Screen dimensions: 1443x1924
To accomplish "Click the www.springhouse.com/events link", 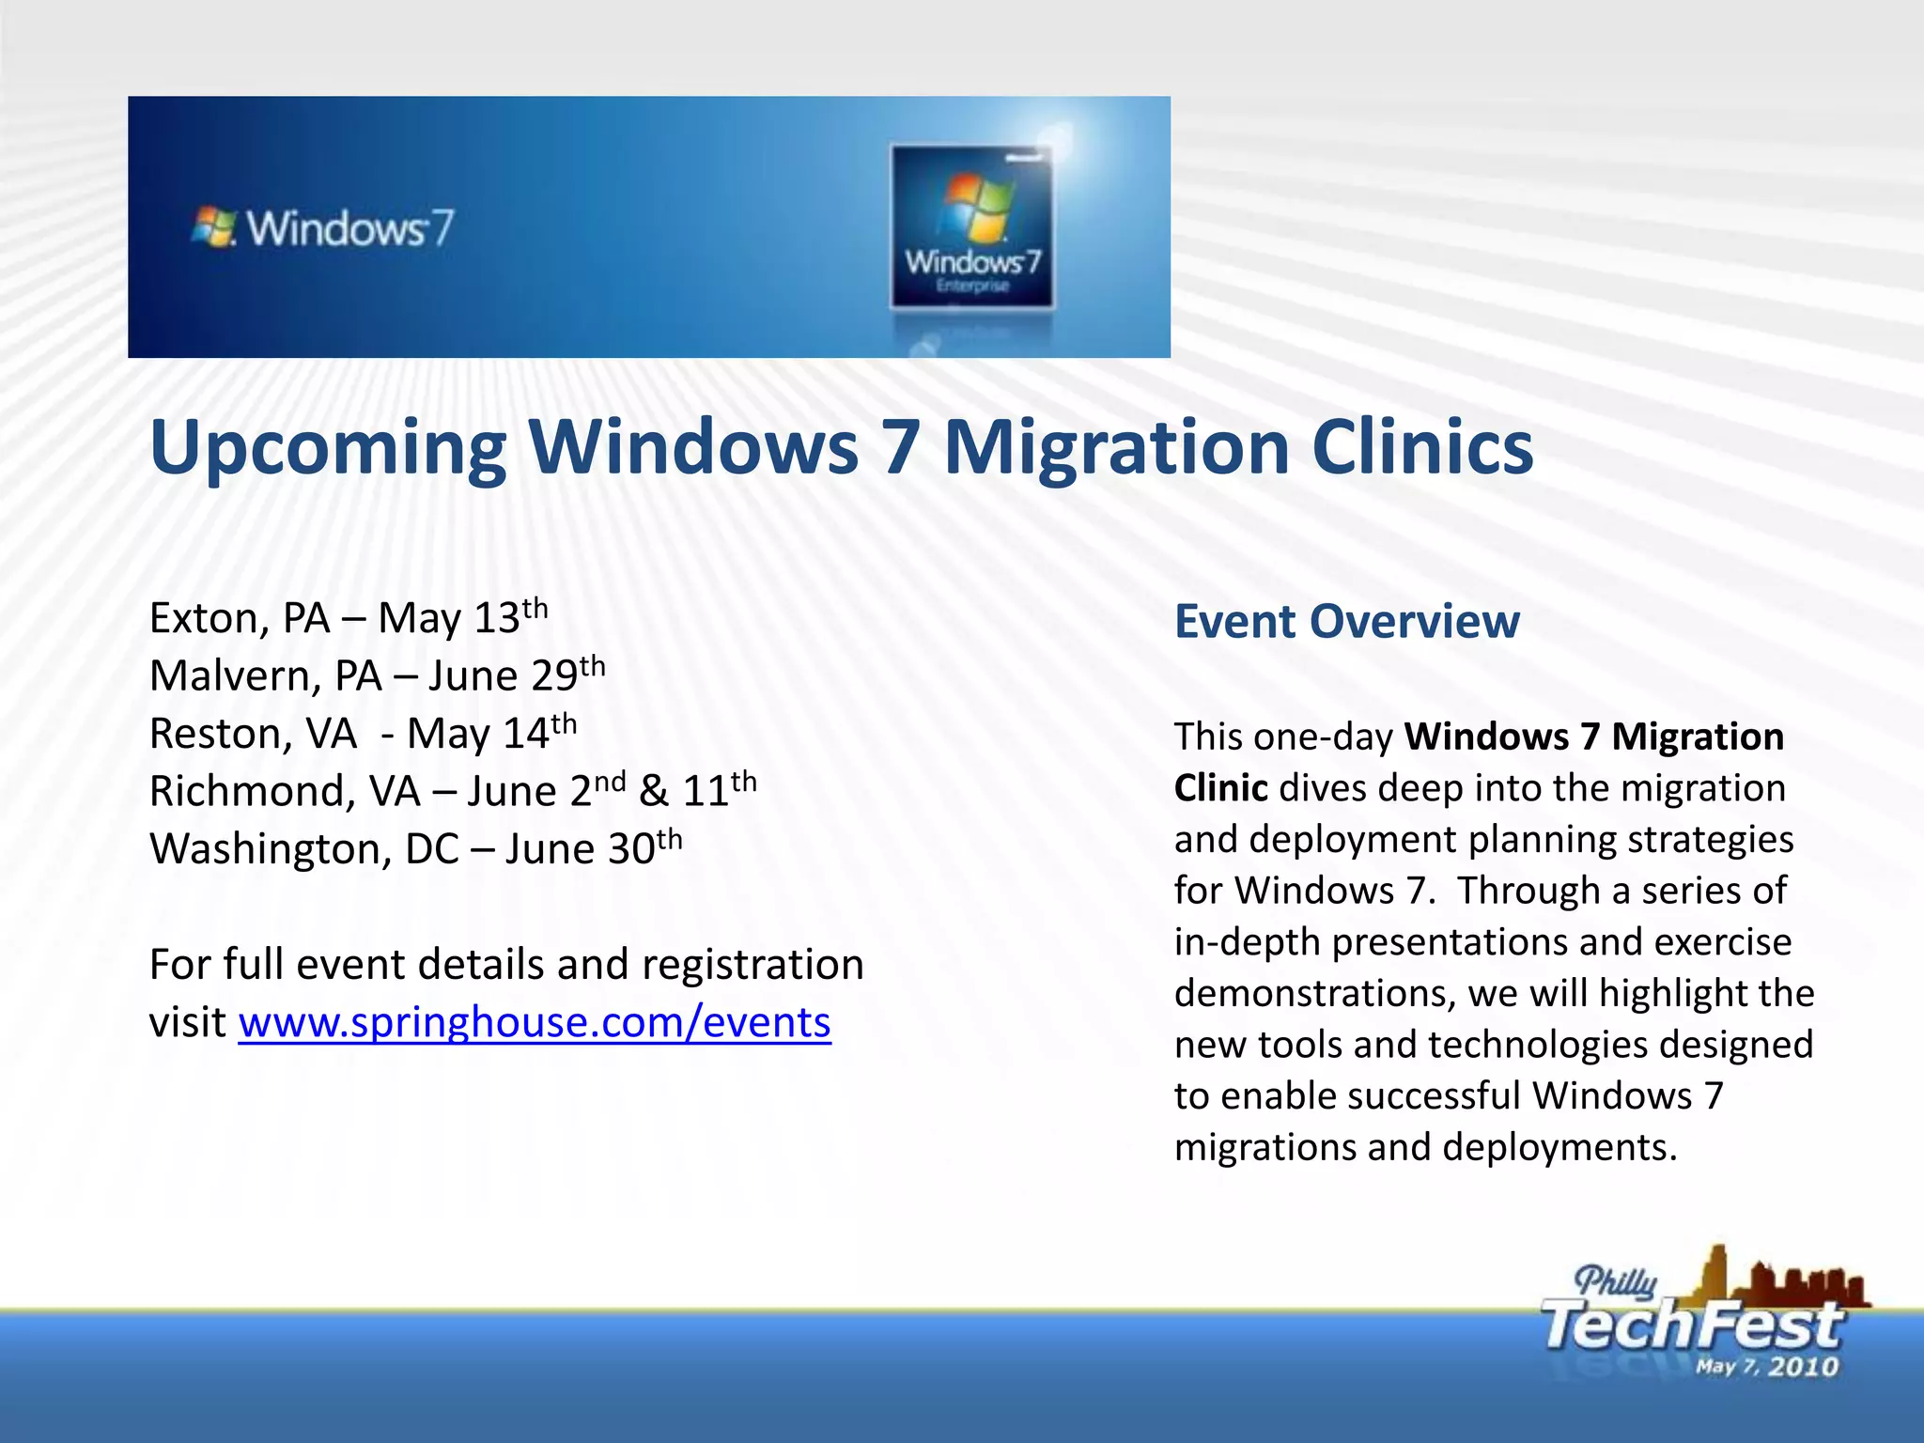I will pos(534,1022).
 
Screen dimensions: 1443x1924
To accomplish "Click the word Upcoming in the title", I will pos(327,449).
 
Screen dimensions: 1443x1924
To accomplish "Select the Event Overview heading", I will pos(1346,622).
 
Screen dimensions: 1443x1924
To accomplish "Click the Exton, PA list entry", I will pos(348,618).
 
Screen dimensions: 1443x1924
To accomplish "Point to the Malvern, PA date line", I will pos(377,675).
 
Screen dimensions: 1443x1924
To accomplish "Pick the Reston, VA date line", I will pos(363,733).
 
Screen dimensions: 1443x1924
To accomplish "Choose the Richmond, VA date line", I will pos(452,790).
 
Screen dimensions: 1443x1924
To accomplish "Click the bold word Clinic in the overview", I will pos(1220,788).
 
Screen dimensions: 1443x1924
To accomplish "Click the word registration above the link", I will pos(752,965).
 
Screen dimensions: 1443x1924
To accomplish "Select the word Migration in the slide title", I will pos(1115,447).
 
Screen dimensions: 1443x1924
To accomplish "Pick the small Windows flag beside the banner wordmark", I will pos(213,227).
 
